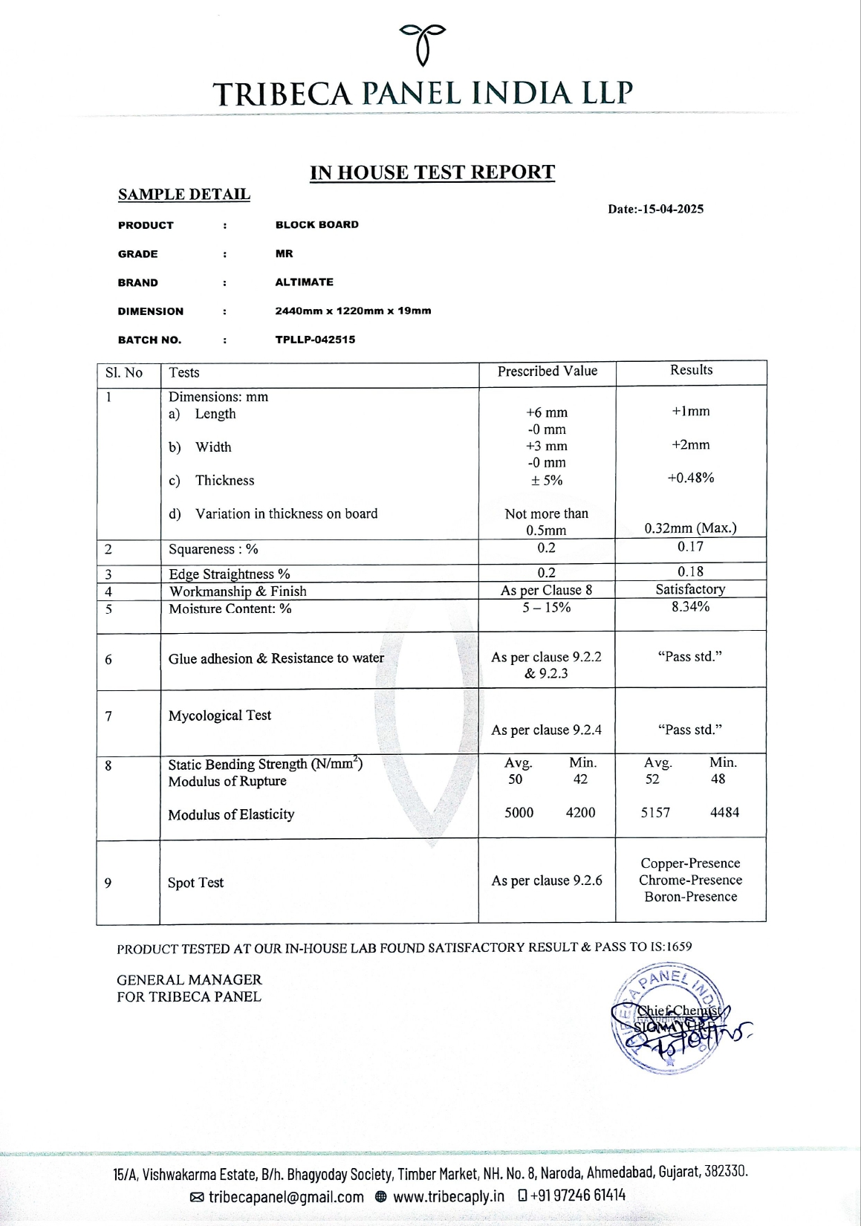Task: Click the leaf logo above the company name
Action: pos(423,42)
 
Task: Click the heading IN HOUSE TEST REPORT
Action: pos(432,172)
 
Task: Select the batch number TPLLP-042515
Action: pos(315,340)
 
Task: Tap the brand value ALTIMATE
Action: pos(304,282)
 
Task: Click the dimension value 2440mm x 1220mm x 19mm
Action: pos(353,311)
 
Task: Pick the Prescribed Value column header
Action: pos(547,371)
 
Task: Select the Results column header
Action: pos(691,370)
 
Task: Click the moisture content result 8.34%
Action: pos(690,606)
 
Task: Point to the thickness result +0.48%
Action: pos(690,478)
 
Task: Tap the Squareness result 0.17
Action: pos(690,547)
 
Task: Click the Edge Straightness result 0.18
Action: pos(690,571)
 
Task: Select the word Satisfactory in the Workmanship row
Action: pos(690,589)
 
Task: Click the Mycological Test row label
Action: pos(219,716)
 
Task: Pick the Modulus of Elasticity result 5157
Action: pos(655,813)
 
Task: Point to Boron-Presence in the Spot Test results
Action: pos(690,897)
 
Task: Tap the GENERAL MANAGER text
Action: pos(189,980)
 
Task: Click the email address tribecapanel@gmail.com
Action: pos(285,1197)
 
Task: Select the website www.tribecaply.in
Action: pos(448,1197)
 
